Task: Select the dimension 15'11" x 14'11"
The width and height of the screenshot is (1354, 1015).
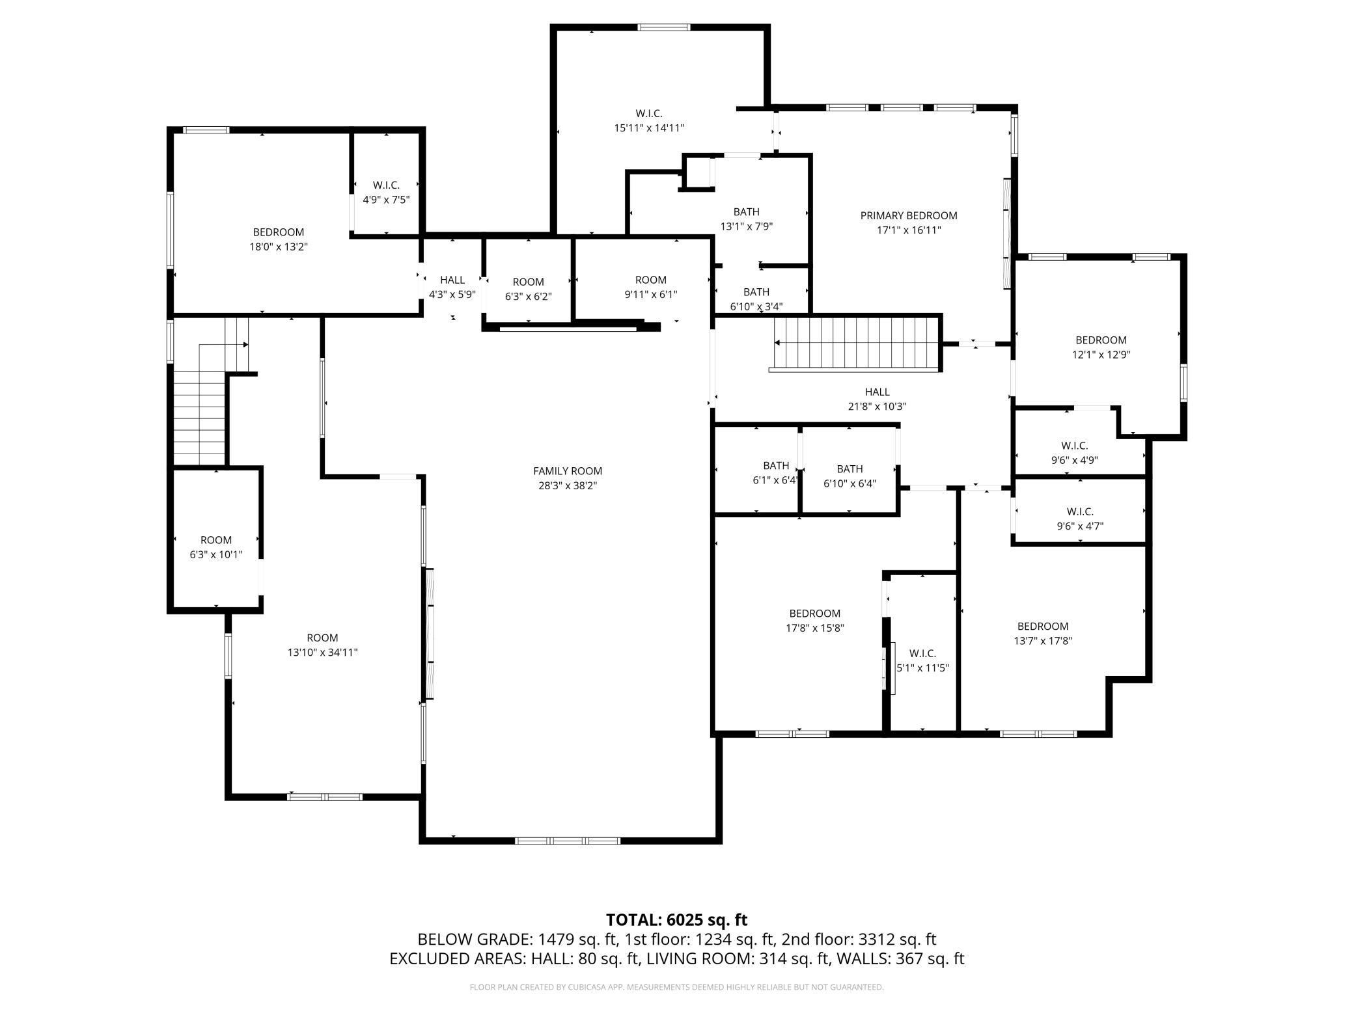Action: (x=648, y=128)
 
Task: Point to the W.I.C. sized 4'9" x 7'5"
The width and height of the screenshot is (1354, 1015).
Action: (x=386, y=193)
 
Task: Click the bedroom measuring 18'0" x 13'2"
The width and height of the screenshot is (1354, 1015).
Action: (x=278, y=239)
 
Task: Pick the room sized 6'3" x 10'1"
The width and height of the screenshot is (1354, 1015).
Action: (x=215, y=547)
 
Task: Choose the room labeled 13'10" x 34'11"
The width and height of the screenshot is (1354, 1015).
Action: (x=322, y=645)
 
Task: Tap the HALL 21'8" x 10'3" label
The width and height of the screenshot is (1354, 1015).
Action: (x=876, y=399)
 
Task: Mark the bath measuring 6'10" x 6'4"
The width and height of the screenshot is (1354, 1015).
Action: (x=849, y=476)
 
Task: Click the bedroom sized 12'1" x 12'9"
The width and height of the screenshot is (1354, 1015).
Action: (x=1100, y=347)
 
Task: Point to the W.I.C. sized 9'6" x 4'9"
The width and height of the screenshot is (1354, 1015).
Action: (x=1074, y=453)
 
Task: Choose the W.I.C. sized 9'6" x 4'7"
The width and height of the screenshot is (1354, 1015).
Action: (x=1079, y=519)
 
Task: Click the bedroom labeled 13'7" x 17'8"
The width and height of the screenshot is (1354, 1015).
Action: (x=1042, y=633)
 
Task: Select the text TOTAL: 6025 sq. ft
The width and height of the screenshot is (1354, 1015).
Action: (x=676, y=919)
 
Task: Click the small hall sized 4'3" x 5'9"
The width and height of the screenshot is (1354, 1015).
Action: (x=452, y=286)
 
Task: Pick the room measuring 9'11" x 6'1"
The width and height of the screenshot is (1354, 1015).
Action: (x=650, y=287)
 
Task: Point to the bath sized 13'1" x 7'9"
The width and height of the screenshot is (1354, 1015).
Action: (x=745, y=219)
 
